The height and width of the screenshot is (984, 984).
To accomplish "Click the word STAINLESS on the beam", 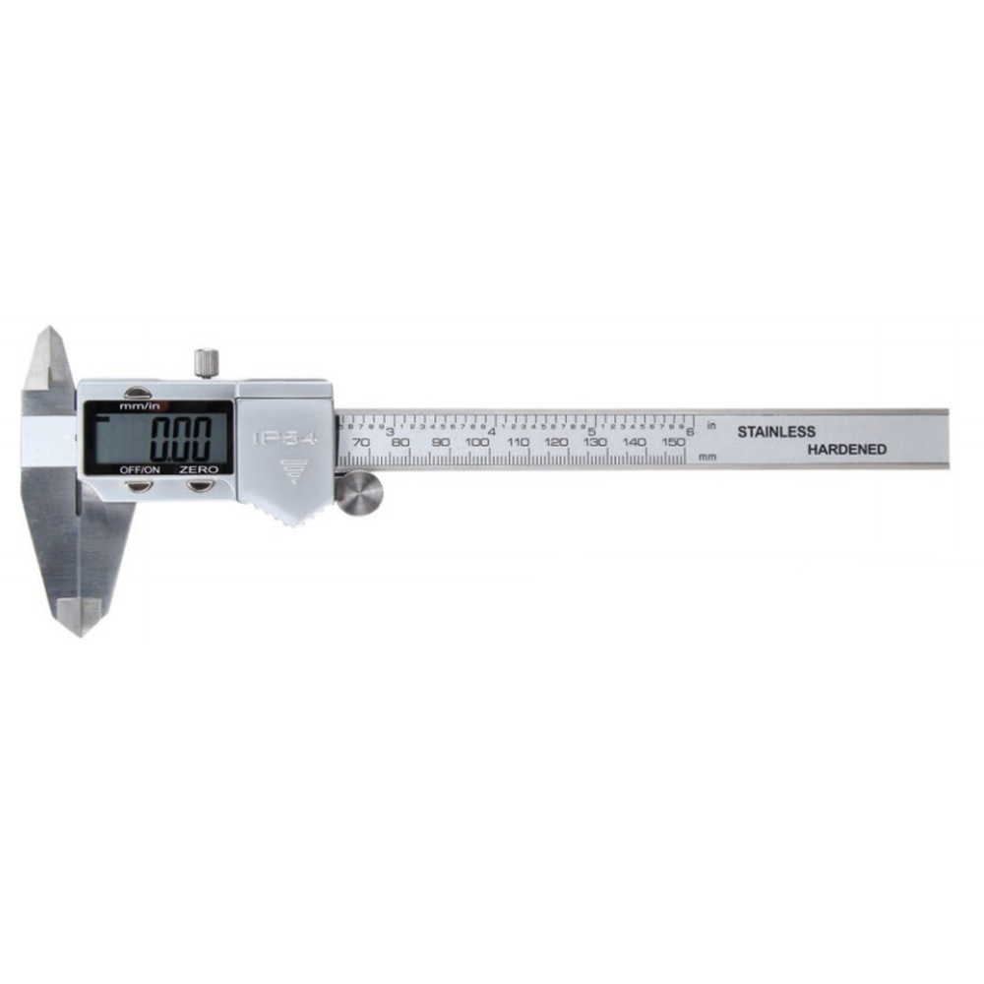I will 776,432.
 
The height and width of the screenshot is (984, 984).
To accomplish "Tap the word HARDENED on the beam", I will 847,450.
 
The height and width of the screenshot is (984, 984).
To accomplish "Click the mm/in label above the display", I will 139,405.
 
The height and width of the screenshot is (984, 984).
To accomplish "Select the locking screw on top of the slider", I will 206,362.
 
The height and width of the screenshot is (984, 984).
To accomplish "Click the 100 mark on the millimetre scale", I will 478,443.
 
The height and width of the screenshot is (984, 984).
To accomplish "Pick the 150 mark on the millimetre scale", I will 673,443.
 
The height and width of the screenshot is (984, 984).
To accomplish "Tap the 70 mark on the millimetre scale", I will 361,443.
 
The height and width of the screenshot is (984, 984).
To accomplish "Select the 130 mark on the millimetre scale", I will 595,443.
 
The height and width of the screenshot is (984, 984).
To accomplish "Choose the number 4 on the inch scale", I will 491,431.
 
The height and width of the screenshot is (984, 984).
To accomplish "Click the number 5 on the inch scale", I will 591,431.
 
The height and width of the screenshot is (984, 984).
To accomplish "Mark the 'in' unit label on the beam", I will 710,425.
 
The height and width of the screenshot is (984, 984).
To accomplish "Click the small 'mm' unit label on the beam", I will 707,457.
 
